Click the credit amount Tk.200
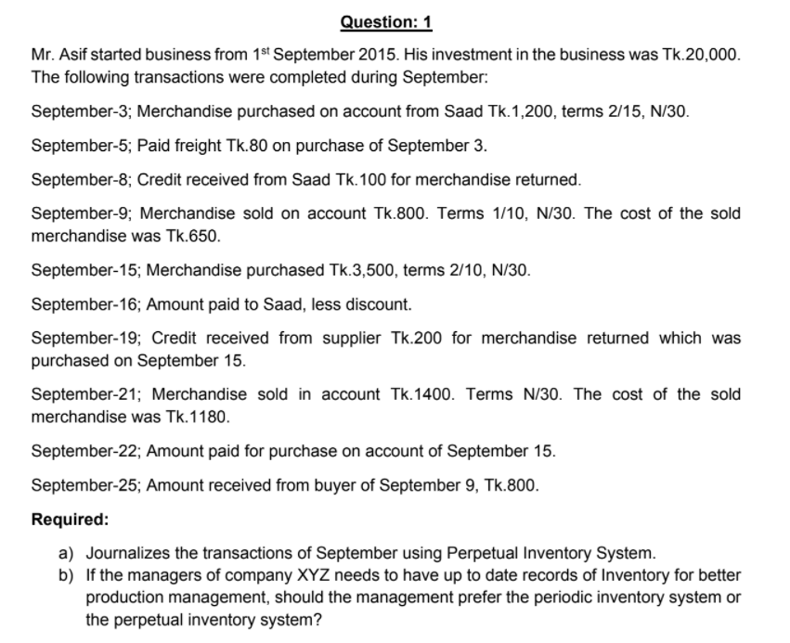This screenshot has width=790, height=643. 416,338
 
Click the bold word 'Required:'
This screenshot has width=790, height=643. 71,519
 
